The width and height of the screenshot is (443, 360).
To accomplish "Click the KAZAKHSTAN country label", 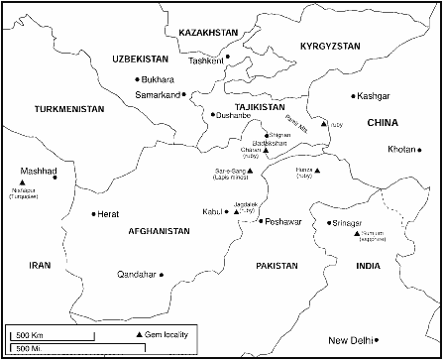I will tap(208, 33).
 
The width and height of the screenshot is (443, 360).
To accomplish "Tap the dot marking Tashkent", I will tap(227, 57).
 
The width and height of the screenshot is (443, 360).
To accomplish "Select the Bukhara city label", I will tap(161, 78).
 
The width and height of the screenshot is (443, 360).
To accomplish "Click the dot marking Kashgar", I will tap(353, 96).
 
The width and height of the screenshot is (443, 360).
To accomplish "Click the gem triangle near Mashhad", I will tap(23, 183).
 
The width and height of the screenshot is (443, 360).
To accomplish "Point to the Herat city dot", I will tap(93, 213).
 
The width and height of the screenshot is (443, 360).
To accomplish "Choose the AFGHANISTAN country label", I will tap(159, 230).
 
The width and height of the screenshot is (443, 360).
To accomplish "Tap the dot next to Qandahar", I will tap(163, 274).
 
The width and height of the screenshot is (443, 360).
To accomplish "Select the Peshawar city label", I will tap(283, 221).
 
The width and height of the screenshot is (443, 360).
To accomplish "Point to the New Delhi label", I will tap(355, 339).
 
